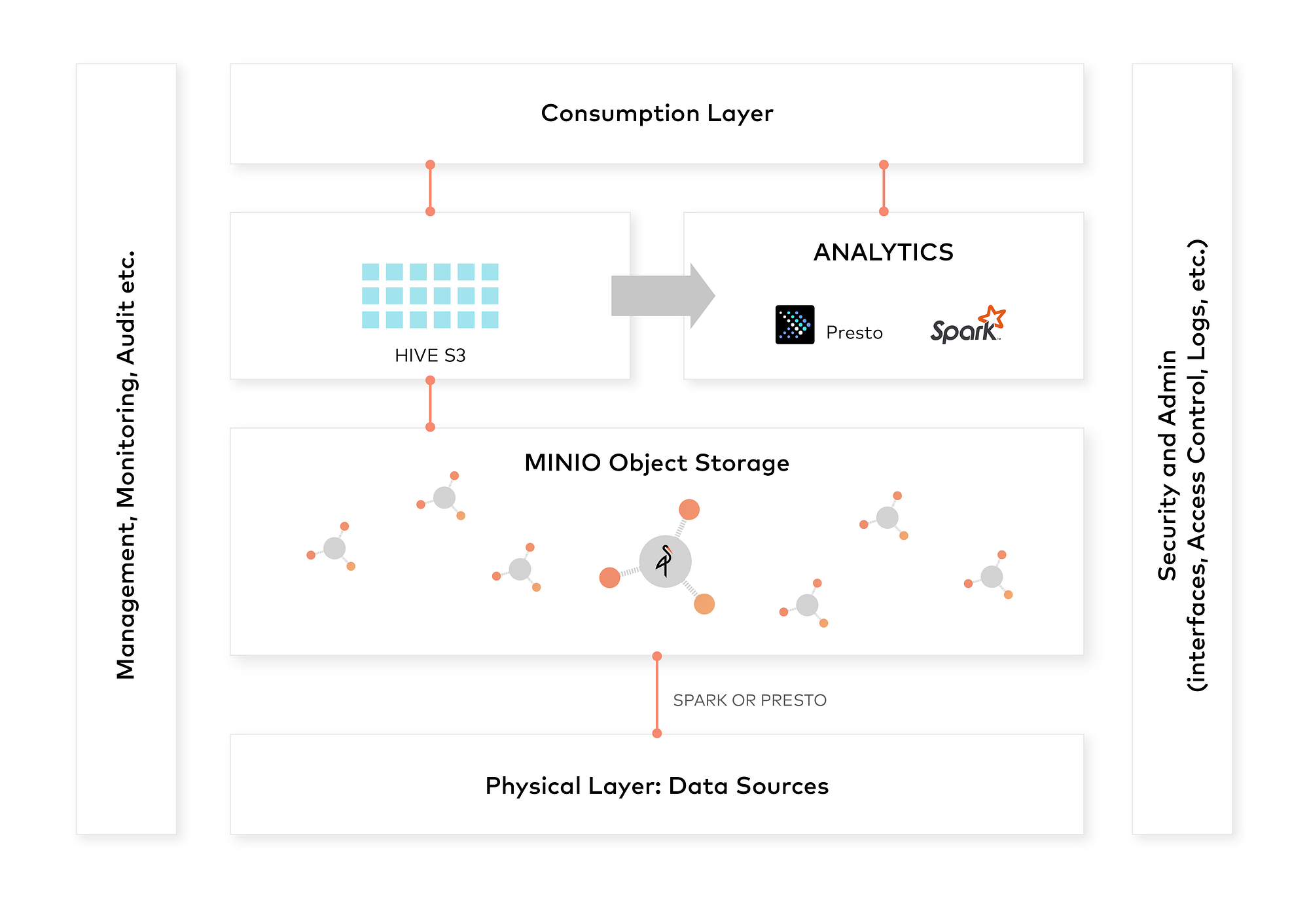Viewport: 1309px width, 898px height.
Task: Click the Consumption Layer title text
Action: [x=657, y=113]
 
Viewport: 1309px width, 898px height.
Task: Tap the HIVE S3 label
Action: [x=430, y=355]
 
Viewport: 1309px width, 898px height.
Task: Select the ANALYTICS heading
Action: [x=884, y=252]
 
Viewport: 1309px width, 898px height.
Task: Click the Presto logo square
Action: [x=795, y=325]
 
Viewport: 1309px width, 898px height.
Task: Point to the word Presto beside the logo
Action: [x=854, y=333]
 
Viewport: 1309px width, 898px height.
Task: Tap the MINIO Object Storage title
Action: [x=656, y=463]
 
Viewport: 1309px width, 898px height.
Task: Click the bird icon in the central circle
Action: [x=665, y=561]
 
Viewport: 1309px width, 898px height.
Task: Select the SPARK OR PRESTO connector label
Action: [x=749, y=700]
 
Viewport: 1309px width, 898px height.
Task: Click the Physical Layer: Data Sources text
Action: [x=656, y=785]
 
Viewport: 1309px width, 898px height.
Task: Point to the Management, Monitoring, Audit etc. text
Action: [x=126, y=465]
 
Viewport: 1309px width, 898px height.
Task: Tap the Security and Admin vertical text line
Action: [x=1167, y=465]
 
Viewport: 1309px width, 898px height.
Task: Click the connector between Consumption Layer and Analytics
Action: [x=884, y=188]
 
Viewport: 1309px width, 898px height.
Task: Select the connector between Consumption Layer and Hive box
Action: [x=430, y=188]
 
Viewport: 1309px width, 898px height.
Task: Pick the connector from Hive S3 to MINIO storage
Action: [x=430, y=404]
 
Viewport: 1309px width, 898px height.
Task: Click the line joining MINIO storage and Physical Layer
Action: [x=657, y=694]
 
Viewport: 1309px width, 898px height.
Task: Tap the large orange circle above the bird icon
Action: [x=689, y=509]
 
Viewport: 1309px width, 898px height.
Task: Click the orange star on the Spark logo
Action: [x=992, y=317]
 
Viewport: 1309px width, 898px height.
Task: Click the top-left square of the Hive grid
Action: [x=370, y=272]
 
